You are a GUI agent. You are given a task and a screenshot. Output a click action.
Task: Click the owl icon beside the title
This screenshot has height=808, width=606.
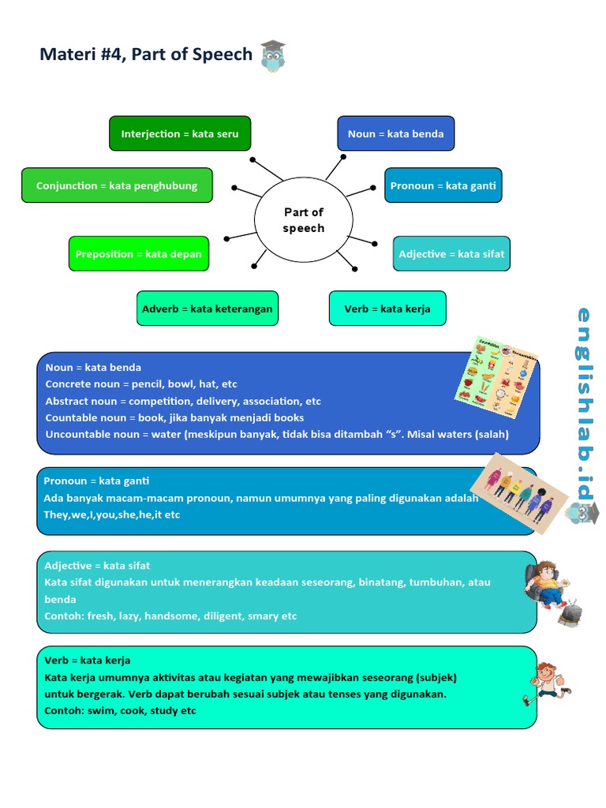click(273, 57)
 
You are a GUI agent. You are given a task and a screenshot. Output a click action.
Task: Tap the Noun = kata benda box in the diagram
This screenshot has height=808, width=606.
click(395, 133)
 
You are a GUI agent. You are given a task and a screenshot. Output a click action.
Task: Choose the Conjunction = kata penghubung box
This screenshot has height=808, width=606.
click(117, 185)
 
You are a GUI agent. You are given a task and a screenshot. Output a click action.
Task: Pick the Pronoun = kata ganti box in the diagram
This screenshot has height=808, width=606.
click(443, 185)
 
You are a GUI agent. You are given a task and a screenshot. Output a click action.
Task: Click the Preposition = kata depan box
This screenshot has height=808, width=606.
click(139, 254)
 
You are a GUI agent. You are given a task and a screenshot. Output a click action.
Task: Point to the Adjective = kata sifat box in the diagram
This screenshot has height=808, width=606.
click(451, 254)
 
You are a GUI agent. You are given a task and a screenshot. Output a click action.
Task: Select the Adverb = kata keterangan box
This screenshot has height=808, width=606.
click(207, 309)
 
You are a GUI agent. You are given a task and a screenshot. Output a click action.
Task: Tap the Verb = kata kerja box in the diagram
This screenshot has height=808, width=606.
click(387, 309)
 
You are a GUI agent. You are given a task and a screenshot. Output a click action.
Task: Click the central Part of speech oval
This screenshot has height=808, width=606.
click(303, 220)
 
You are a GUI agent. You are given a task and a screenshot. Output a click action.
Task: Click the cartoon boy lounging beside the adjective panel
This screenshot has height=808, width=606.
click(551, 591)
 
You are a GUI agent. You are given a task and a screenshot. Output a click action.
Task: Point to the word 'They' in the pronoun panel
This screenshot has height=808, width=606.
click(55, 514)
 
